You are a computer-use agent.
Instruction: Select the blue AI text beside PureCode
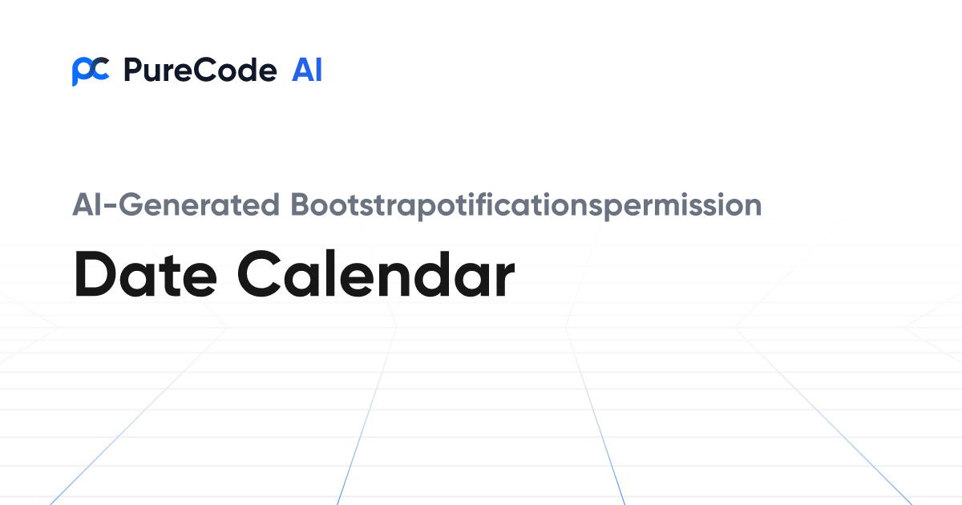coord(307,71)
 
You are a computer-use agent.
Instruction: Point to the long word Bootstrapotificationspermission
coord(526,205)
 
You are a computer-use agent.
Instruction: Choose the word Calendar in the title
coord(376,274)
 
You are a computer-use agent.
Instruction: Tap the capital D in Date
coord(95,274)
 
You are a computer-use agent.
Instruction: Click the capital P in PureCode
coord(132,71)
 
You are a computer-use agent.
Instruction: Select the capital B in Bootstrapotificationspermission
coord(300,205)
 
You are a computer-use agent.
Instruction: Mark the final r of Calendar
coord(504,281)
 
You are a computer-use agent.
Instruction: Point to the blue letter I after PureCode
coord(318,71)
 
